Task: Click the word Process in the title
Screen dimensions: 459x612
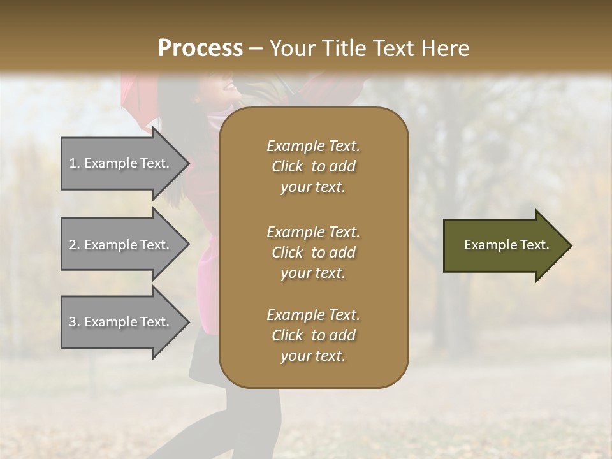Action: click(200, 48)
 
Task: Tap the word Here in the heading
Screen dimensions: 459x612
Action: click(444, 48)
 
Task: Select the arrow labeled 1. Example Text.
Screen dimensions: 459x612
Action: click(121, 163)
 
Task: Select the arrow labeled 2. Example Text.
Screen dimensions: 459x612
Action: click(121, 245)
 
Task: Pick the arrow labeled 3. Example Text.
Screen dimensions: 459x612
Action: click(121, 322)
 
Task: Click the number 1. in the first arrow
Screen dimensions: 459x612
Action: click(75, 163)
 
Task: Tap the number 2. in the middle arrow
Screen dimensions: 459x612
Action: click(75, 245)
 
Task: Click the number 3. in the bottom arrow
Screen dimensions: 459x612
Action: click(75, 322)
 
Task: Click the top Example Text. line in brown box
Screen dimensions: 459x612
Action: click(313, 146)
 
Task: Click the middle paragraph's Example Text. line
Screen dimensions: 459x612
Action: click(313, 231)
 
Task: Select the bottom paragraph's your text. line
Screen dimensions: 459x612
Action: click(313, 356)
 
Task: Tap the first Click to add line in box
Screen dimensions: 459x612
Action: click(313, 166)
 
